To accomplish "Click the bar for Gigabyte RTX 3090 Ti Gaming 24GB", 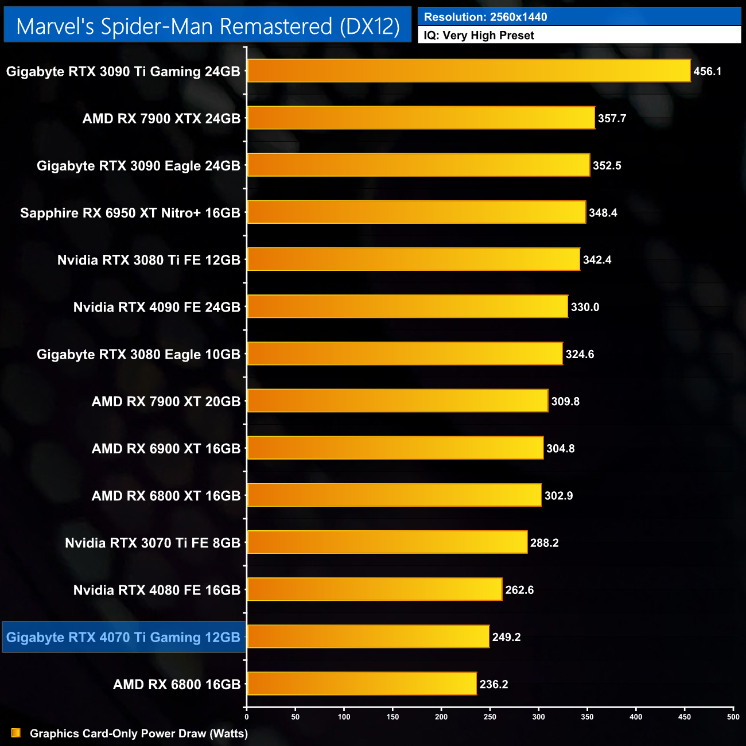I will point(468,71).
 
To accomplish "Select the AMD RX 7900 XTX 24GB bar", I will point(421,118).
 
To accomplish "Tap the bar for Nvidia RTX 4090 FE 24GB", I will point(407,306).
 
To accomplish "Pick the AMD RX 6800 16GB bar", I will point(362,683).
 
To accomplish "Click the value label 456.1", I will point(707,72).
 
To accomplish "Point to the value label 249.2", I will point(506,637).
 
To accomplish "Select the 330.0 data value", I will point(585,307).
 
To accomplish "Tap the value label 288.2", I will point(544,543).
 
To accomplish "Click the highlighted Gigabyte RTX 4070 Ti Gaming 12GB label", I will point(123,637).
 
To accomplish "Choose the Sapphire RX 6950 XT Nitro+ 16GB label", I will point(130,213).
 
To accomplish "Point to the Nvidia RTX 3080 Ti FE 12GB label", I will point(149,260).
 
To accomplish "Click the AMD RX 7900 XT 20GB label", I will point(166,402).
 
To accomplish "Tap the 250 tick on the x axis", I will point(490,717).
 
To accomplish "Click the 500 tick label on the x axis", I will point(733,717).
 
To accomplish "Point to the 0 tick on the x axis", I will point(247,717).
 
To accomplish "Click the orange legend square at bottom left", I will point(16,733).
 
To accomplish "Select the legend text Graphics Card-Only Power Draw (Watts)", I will point(139,733).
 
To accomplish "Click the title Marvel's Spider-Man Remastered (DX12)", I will point(208,26).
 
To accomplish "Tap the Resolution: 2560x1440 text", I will point(485,17).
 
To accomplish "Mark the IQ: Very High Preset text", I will point(479,36).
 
